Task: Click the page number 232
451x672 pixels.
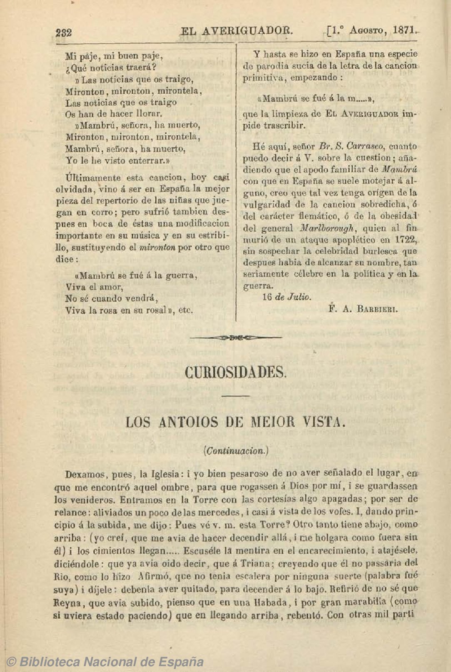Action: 63,32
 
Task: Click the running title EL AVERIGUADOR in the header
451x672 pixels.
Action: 237,31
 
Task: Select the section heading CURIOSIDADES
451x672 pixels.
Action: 235,372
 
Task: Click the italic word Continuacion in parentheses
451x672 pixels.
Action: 236,450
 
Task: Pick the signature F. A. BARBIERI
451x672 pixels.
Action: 363,309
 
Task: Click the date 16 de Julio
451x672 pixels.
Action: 287,297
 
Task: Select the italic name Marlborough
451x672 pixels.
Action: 326,228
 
